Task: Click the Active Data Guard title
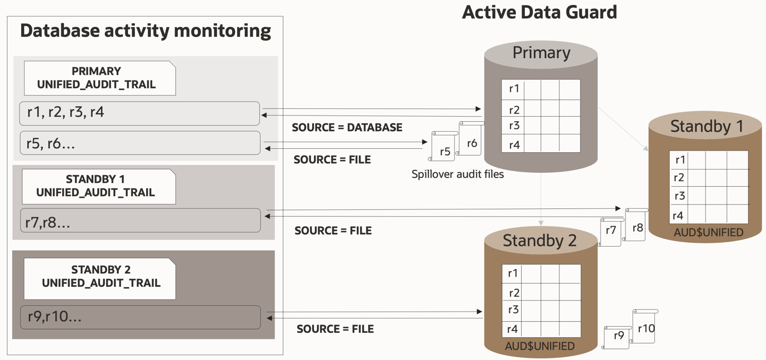(539, 12)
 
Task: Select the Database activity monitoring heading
(146, 31)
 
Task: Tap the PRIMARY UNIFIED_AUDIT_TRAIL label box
(99, 78)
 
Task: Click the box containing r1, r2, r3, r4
(139, 113)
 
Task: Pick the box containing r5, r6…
(139, 143)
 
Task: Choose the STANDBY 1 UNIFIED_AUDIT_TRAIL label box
(98, 186)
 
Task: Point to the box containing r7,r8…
(140, 221)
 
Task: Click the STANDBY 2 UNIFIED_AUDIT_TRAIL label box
(100, 277)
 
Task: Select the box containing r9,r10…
(140, 317)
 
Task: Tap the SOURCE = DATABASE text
(347, 128)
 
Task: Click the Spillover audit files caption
(457, 174)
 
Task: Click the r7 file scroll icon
(610, 232)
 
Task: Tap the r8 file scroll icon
(636, 225)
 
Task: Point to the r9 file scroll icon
(618, 337)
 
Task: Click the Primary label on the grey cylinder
(541, 53)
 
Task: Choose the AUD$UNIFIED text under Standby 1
(708, 232)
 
